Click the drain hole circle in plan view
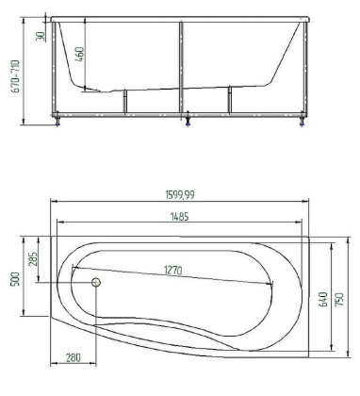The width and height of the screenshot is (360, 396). pos(96,282)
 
